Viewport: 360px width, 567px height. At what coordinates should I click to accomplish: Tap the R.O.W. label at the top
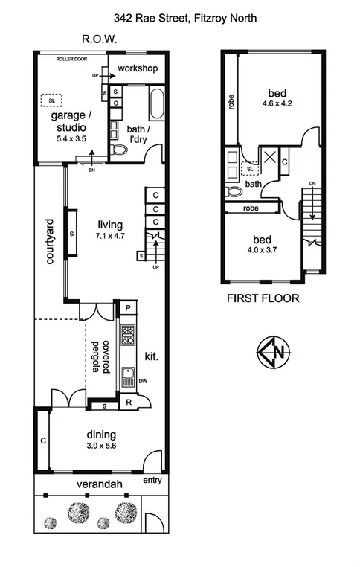coord(100,40)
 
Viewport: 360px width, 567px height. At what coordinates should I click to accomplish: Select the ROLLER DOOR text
coord(74,57)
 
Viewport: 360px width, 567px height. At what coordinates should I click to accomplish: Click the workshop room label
coord(137,69)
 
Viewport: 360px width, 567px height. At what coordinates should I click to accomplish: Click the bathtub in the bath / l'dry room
coord(157,104)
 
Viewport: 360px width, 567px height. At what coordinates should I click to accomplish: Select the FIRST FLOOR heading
coord(263,299)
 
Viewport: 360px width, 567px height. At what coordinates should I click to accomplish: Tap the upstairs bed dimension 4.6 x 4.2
coord(277,104)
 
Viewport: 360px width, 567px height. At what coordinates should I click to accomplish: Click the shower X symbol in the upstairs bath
coord(266,157)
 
